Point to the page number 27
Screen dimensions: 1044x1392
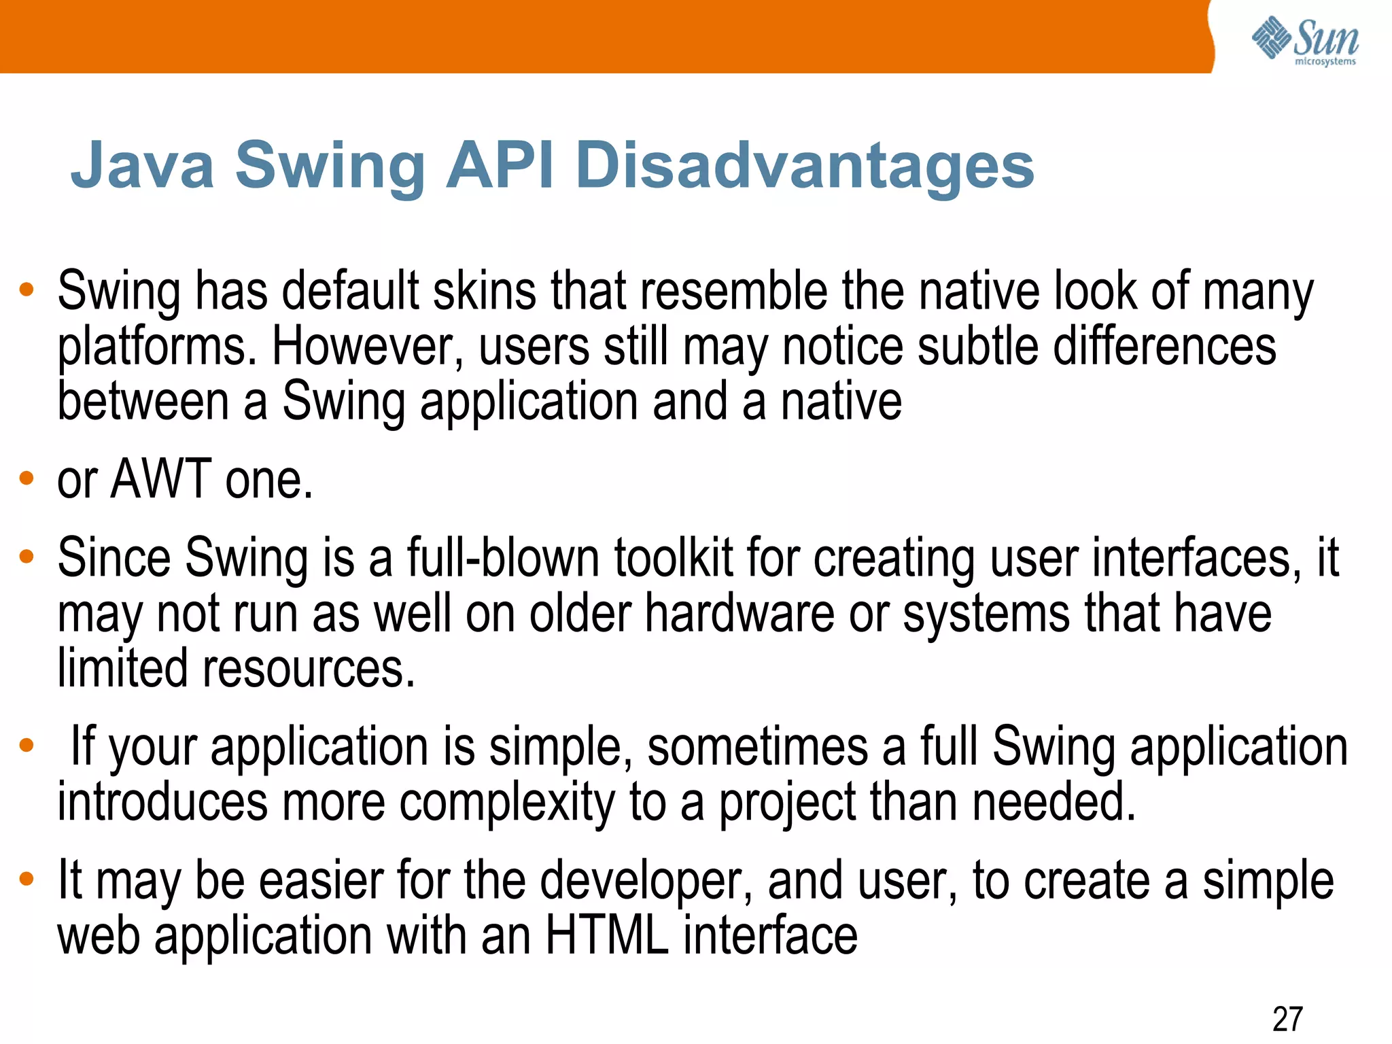[x=1287, y=1019]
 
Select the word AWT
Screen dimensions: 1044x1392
[x=161, y=479]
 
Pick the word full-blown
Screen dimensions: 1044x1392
[x=503, y=559]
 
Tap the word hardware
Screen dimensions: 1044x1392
[x=739, y=614]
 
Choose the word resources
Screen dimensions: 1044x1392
[x=309, y=669]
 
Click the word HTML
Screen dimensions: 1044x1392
[x=607, y=936]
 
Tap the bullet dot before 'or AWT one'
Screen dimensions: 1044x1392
[x=27, y=478]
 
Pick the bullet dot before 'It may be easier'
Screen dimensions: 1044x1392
[x=27, y=880]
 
